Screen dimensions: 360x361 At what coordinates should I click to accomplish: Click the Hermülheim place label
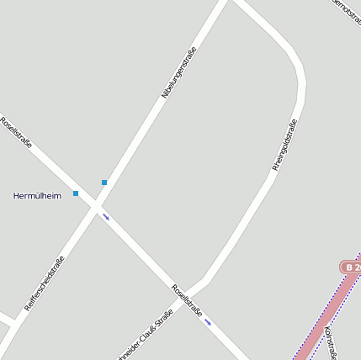pos(37,196)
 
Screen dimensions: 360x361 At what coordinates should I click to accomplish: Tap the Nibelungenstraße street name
pos(178,72)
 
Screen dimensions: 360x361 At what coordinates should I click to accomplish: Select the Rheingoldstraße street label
pos(285,145)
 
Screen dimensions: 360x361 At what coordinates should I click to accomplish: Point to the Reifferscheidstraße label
pos(45,283)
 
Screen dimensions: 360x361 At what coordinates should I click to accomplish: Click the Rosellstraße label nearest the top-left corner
pos(17,132)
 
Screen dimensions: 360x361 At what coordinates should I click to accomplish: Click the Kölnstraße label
pos(332,340)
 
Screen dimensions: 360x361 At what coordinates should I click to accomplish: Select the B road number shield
pos(351,267)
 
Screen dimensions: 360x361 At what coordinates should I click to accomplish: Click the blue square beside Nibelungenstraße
pos(104,183)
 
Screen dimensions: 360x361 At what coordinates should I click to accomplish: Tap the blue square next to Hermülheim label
pos(76,194)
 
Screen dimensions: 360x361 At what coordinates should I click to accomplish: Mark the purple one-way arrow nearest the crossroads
pos(106,217)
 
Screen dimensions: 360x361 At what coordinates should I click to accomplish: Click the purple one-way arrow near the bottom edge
pos(208,321)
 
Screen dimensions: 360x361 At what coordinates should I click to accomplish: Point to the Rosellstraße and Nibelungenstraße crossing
pos(97,206)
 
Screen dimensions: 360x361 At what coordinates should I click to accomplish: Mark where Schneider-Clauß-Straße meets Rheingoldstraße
pos(204,280)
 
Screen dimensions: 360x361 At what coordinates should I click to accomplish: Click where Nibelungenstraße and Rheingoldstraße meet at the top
pos(230,3)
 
